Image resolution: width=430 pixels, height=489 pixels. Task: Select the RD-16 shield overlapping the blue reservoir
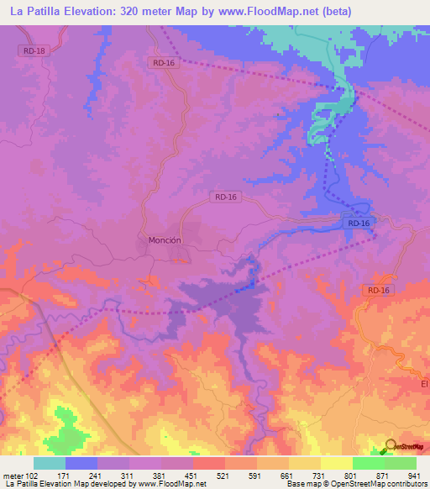pos(357,223)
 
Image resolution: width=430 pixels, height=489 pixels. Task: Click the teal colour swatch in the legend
pos(50,463)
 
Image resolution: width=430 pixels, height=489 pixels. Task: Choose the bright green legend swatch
pos(368,463)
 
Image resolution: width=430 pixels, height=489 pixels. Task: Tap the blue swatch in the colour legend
pos(81,463)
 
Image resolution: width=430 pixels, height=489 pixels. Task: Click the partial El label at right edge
pos(424,382)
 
